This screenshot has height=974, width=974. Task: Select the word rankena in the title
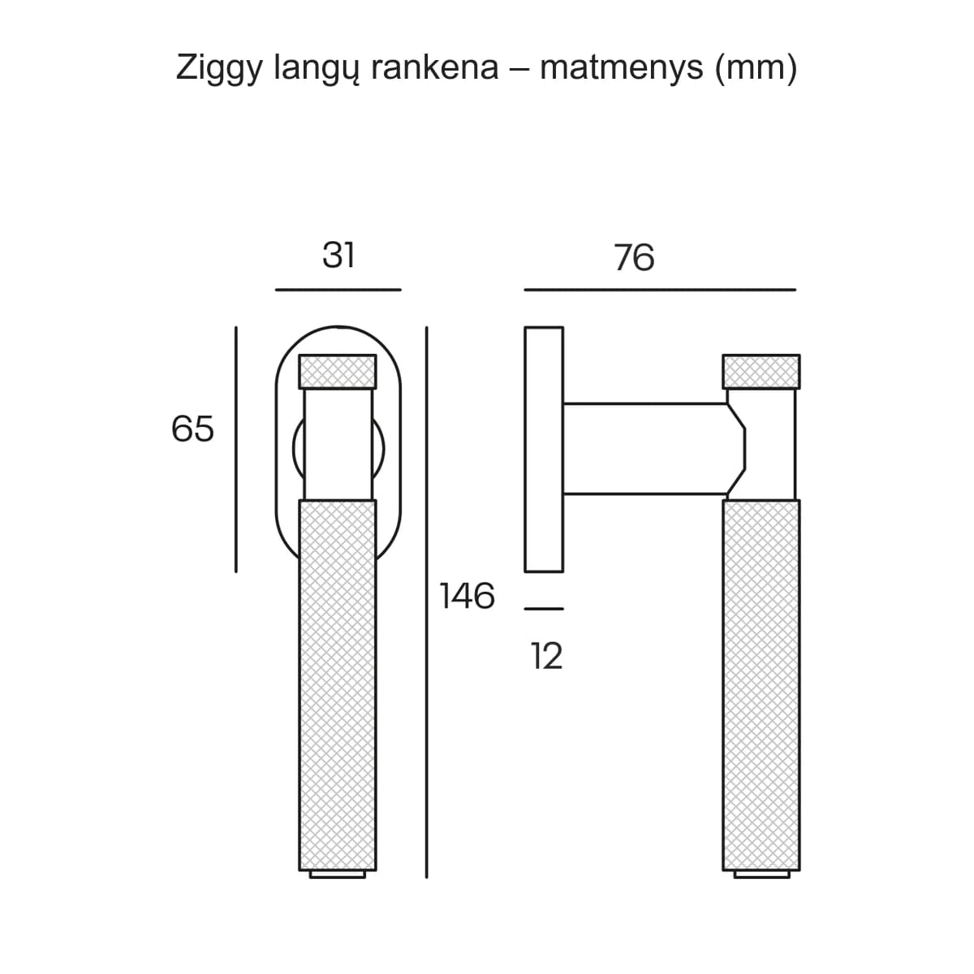click(x=435, y=67)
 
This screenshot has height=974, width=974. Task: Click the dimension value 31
click(x=338, y=255)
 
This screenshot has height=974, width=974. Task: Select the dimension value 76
click(x=635, y=257)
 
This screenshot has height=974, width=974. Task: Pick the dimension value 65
click(x=192, y=429)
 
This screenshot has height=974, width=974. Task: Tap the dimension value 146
click(x=467, y=596)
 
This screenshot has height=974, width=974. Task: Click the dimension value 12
click(x=546, y=656)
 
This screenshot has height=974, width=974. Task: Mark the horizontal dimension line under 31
click(x=338, y=290)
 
